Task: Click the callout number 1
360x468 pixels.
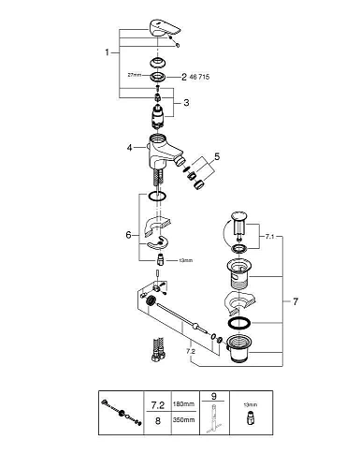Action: point(107,52)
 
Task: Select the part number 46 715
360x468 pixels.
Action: point(199,77)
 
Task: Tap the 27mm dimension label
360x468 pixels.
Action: point(135,75)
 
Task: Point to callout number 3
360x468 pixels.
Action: point(186,102)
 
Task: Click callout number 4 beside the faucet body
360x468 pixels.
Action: point(130,148)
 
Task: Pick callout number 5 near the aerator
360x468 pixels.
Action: point(217,156)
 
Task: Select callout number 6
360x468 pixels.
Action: point(128,235)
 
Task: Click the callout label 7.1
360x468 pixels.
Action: point(269,237)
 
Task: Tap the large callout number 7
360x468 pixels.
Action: point(295,301)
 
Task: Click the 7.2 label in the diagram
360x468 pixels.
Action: point(191,351)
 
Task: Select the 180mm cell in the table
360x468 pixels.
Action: point(183,404)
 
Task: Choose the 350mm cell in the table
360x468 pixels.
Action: point(183,420)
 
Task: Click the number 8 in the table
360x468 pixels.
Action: point(158,421)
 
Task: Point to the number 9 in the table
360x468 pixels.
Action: point(214,396)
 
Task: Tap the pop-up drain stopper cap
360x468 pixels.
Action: point(239,216)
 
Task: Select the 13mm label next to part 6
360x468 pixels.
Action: point(185,260)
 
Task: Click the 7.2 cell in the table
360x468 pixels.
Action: point(157,405)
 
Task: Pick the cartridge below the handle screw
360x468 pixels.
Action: point(157,116)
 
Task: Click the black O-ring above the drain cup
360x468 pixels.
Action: point(239,323)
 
